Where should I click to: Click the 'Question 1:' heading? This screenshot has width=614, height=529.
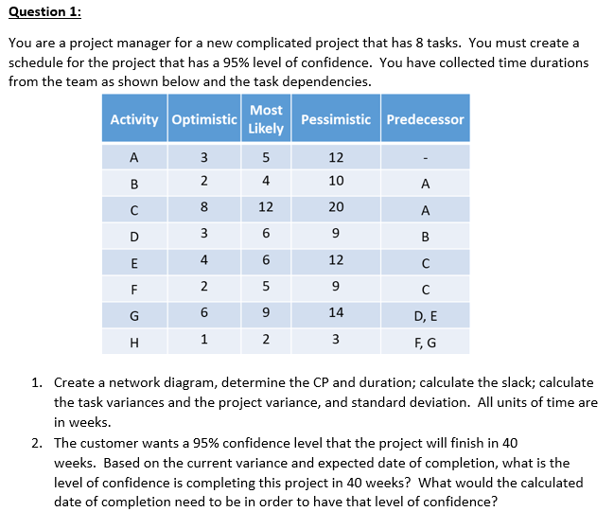[44, 11]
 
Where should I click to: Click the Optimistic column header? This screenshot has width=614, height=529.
[203, 119]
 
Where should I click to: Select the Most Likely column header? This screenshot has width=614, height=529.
[266, 119]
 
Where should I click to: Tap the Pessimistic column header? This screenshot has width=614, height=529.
[335, 119]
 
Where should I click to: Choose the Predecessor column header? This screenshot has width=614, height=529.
[425, 119]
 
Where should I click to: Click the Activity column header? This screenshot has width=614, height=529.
[134, 119]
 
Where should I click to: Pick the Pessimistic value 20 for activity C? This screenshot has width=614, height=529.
[336, 207]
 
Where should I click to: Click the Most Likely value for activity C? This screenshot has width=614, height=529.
[266, 207]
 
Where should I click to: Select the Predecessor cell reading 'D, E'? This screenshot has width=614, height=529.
[425, 313]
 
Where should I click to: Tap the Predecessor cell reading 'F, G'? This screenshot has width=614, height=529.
[425, 340]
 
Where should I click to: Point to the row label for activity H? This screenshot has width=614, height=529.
[134, 341]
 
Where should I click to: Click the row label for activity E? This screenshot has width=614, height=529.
[134, 261]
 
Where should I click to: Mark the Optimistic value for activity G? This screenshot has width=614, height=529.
[203, 313]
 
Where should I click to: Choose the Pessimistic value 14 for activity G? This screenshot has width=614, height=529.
[336, 313]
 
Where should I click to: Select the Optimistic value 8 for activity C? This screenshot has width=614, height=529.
[203, 207]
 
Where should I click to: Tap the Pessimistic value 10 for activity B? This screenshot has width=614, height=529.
[336, 181]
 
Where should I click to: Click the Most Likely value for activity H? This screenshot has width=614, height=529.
[266, 340]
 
